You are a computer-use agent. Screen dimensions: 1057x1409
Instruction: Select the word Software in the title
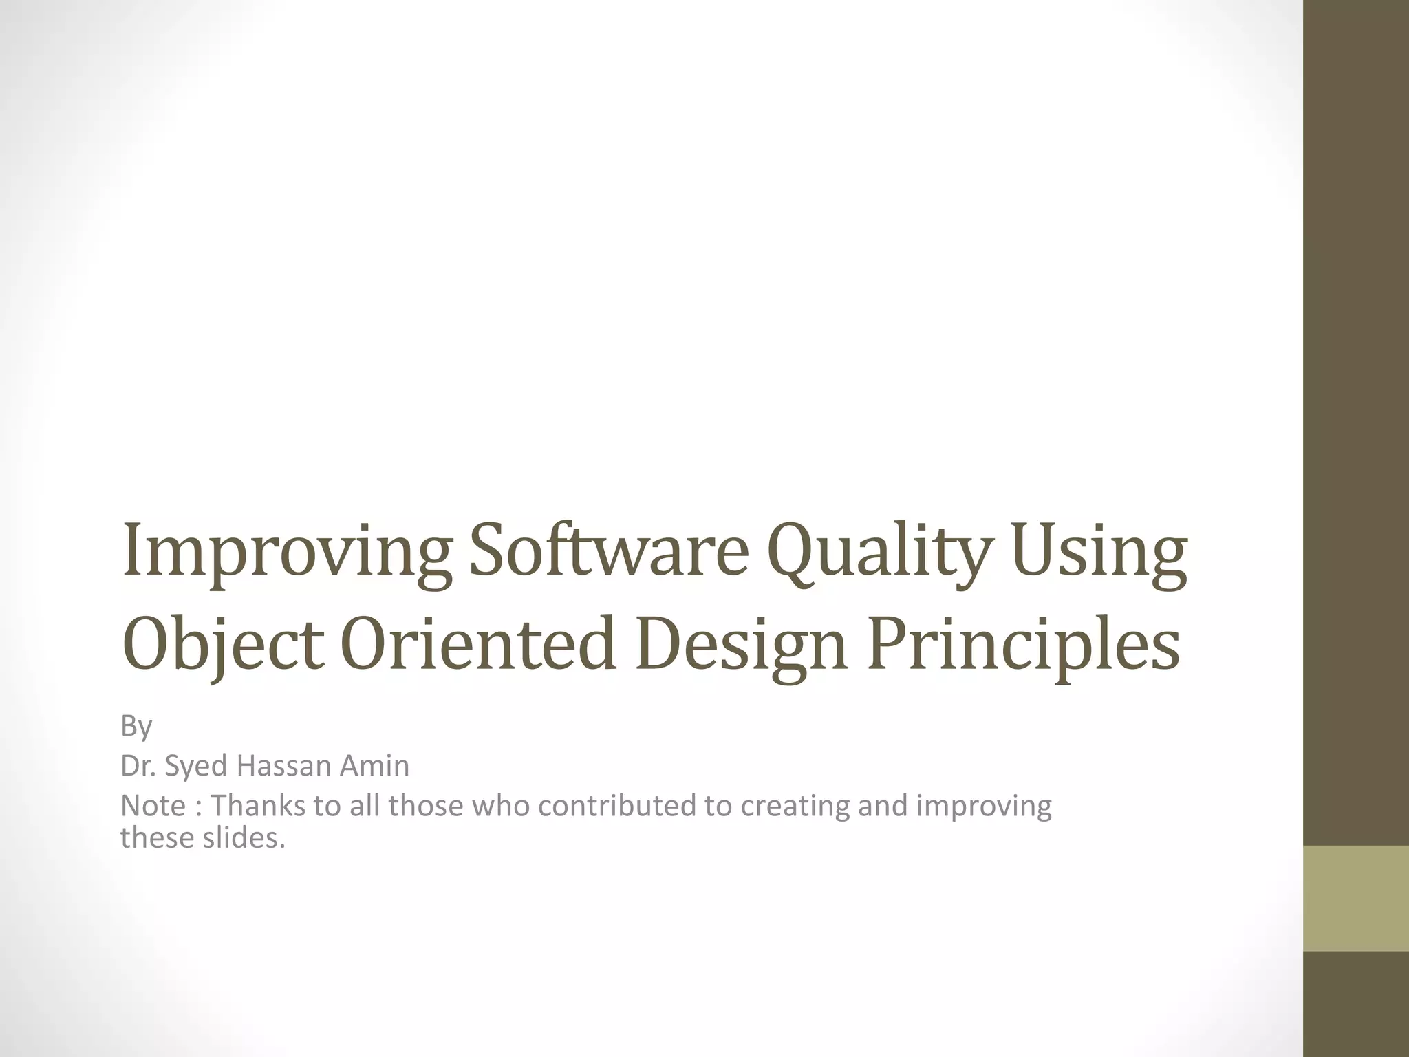pos(608,551)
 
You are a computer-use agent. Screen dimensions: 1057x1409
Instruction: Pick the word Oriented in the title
pos(477,643)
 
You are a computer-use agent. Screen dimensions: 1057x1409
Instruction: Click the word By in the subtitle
pos(136,726)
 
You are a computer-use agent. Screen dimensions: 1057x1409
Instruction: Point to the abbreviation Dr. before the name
pos(138,766)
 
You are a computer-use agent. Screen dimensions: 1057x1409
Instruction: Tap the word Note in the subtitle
pos(153,806)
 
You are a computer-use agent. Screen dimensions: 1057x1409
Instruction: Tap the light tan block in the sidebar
pos(1356,898)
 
